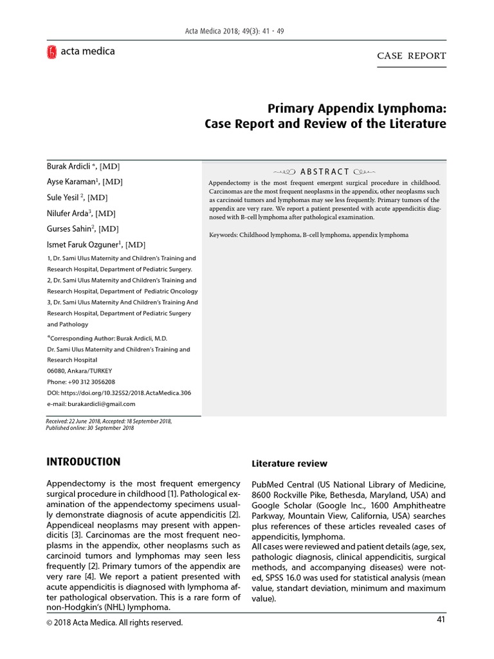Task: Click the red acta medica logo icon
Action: [x=52, y=52]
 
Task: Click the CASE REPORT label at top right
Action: [x=411, y=56]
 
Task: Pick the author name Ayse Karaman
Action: [x=73, y=181]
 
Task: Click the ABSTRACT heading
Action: [x=324, y=171]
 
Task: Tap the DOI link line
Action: [x=119, y=393]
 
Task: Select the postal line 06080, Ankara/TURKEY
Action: [x=79, y=371]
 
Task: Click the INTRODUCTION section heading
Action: [x=83, y=461]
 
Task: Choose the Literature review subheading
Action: [x=289, y=463]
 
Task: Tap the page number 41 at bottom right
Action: [x=440, y=619]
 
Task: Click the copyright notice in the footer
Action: [x=115, y=622]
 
